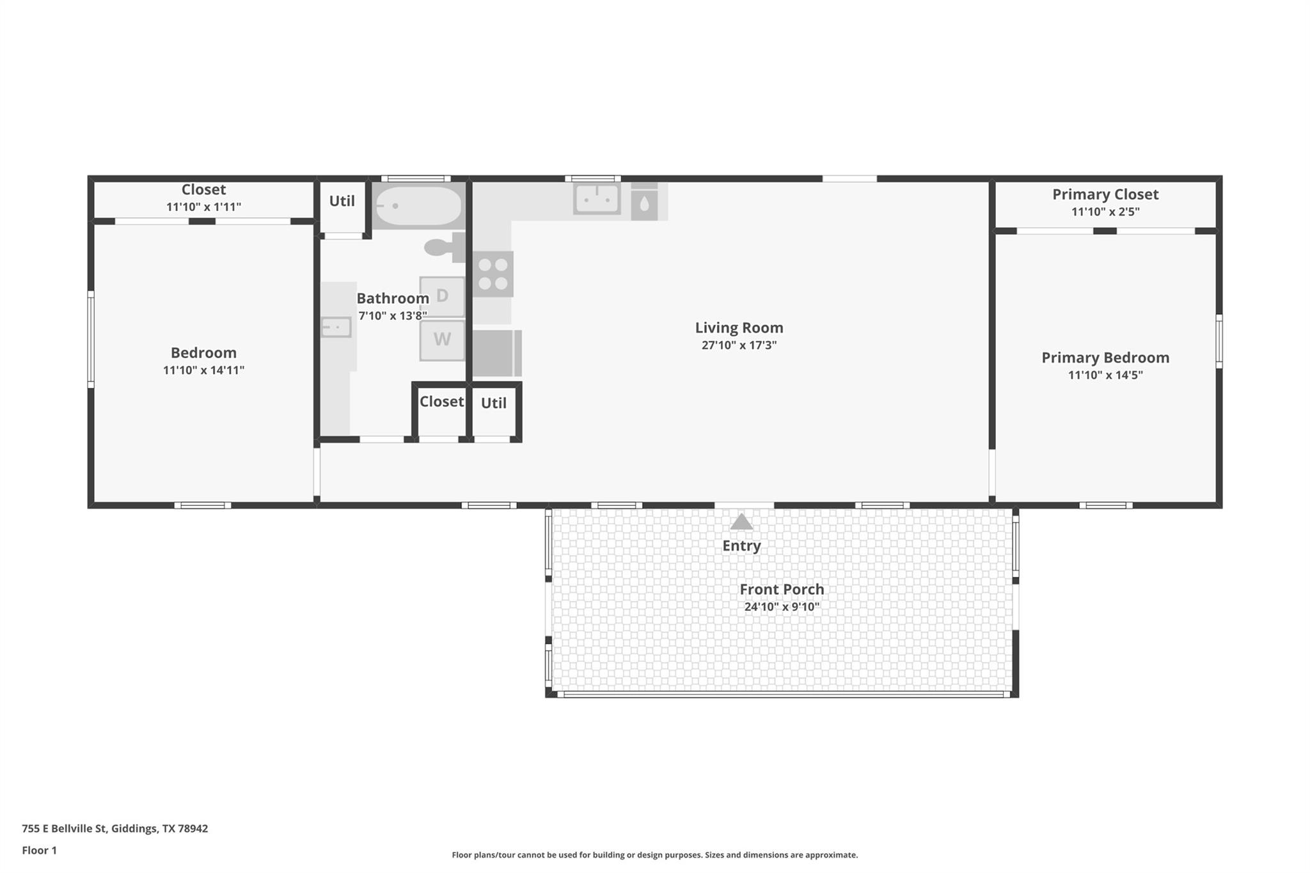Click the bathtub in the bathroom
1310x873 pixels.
[x=418, y=206]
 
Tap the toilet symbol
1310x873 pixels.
[x=443, y=247]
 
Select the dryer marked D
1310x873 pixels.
[x=442, y=296]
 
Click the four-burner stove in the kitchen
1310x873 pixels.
[x=493, y=274]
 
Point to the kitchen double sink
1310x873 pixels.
[x=597, y=199]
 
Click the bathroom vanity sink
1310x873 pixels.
[x=336, y=327]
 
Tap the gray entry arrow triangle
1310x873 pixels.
[x=741, y=522]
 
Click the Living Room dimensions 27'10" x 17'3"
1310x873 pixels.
[x=739, y=345]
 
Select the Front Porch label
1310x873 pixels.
[x=782, y=589]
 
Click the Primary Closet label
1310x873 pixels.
[x=1105, y=194]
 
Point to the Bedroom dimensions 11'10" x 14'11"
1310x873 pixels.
[x=203, y=370]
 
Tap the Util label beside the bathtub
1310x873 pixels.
[x=342, y=201]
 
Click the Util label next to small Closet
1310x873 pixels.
[x=493, y=403]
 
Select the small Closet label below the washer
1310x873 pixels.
[x=441, y=402]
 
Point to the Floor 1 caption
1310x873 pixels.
[x=39, y=850]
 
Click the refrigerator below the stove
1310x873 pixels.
[x=496, y=353]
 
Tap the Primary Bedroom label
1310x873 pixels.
[x=1105, y=358]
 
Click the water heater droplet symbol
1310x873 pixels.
[x=644, y=204]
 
